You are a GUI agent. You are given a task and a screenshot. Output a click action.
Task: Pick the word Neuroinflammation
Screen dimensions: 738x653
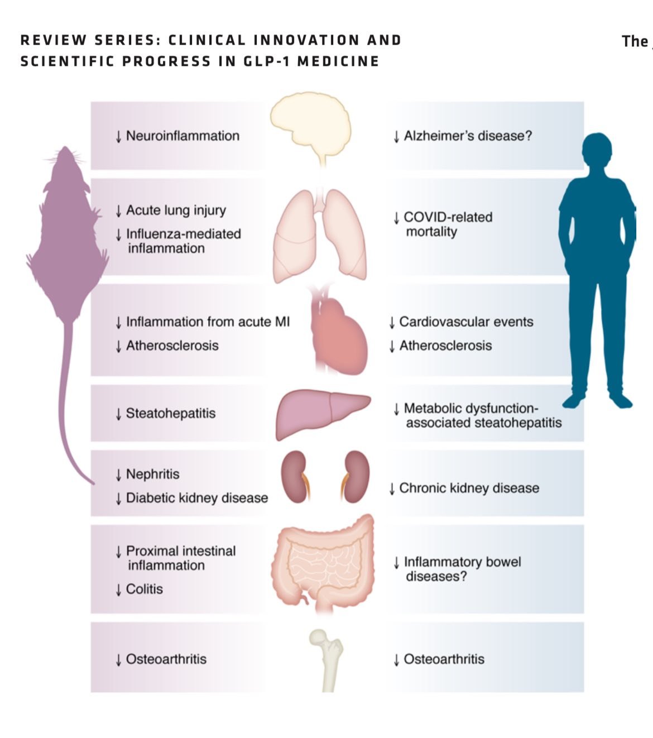tap(183, 136)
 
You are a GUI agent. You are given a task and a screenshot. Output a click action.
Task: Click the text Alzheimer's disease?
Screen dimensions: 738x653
tap(468, 136)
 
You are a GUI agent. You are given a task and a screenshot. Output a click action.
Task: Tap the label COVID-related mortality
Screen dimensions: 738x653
tap(448, 224)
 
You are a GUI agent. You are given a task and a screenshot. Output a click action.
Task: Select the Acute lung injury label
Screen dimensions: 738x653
tap(176, 210)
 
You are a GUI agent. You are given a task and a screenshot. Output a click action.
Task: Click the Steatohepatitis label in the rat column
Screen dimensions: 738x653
tap(170, 414)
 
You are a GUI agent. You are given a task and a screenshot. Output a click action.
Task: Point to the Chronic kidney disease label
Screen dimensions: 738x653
tap(469, 488)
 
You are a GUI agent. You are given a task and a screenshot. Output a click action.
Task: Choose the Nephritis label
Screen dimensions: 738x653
tap(152, 475)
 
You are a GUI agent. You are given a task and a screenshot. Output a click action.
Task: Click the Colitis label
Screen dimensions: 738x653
tap(144, 589)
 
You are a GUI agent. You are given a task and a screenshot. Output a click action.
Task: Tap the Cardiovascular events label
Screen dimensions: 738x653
tap(466, 322)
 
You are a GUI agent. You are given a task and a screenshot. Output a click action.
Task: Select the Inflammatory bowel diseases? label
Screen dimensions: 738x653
tap(462, 569)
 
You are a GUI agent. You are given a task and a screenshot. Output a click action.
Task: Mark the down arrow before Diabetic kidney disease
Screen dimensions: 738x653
tap(118, 499)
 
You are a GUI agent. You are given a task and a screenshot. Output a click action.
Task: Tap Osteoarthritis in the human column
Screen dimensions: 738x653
tap(444, 659)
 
